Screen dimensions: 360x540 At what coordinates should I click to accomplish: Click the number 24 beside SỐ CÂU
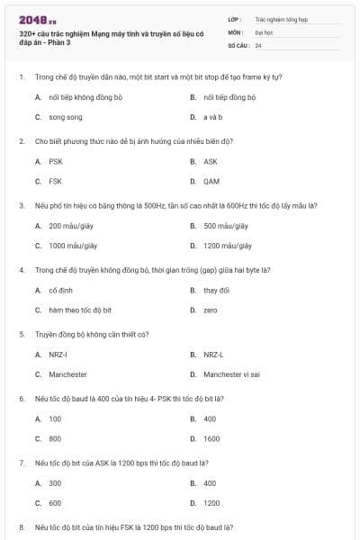coord(258,44)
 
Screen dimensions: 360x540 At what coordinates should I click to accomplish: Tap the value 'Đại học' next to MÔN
coord(264,31)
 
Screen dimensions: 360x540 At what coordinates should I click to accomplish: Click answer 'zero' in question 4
coord(211,310)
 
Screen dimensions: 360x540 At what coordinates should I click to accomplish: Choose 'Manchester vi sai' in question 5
coord(231,373)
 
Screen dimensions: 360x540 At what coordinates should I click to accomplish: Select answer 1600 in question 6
coord(211,438)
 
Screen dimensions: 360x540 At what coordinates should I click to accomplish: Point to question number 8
coord(22,526)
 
